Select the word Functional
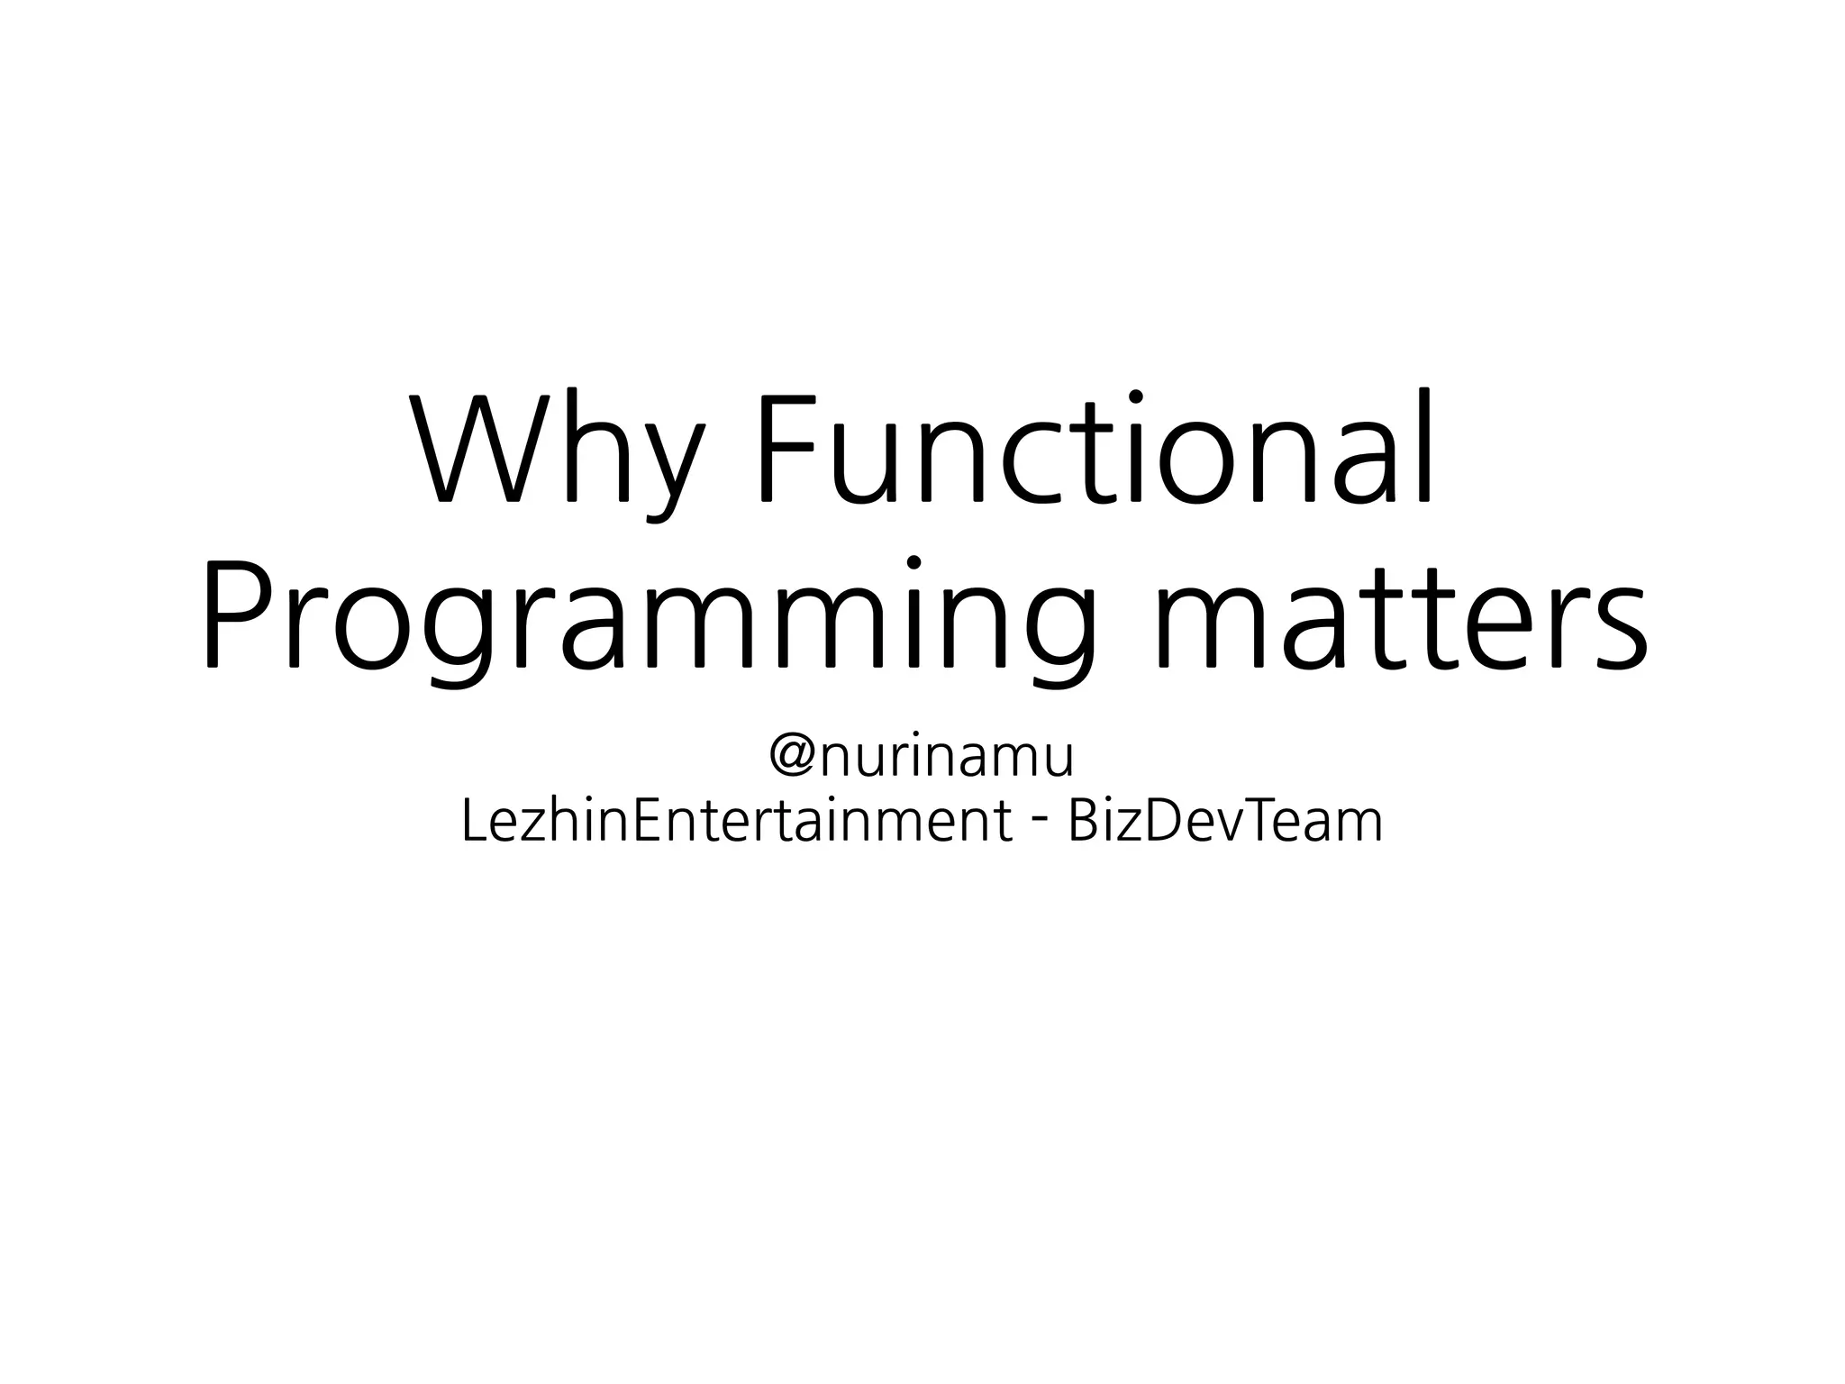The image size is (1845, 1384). (1095, 448)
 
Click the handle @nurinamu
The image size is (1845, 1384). (922, 757)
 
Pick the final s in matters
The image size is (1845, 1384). (1622, 631)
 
